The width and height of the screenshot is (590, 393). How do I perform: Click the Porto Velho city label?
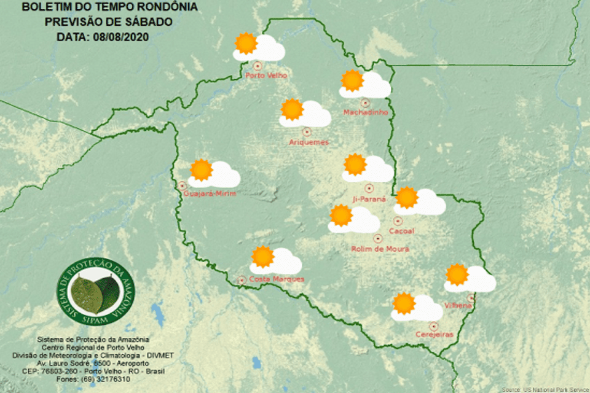[x=266, y=76]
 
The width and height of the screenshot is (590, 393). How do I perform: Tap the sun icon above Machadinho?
[x=352, y=80]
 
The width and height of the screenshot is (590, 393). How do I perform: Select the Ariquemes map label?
[x=309, y=142]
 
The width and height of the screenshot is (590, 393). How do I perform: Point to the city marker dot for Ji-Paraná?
[x=369, y=189]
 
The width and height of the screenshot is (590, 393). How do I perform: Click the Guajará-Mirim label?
[x=210, y=194]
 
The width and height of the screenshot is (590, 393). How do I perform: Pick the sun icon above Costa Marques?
[x=262, y=256]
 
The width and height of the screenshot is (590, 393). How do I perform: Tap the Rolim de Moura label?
[x=380, y=249]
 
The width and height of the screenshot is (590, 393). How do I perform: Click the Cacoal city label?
[x=402, y=231]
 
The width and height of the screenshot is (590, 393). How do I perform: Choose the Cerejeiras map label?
[x=434, y=335]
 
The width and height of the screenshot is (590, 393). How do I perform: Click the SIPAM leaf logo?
[x=90, y=292]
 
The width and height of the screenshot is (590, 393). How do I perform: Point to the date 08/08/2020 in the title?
[x=121, y=36]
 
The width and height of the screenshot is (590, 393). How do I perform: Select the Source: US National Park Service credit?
[x=545, y=389]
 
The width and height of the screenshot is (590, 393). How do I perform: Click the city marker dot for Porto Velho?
[x=257, y=65]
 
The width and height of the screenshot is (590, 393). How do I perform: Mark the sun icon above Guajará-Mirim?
[x=201, y=170]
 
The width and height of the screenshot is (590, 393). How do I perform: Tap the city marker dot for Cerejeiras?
[x=434, y=325]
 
